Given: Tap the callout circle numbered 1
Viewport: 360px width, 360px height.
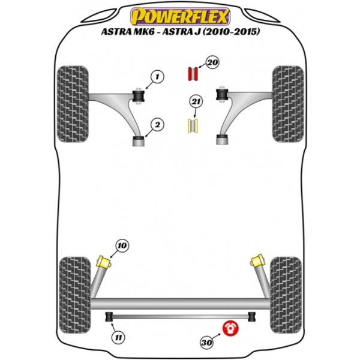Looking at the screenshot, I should coord(157,77).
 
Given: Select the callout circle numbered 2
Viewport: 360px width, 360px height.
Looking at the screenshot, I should coord(157,125).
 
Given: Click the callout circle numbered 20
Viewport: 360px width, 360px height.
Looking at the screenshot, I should coord(212,62).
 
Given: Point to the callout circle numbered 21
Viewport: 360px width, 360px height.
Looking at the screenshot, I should coord(194,102).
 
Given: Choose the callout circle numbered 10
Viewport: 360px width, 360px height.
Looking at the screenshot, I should coord(122,245).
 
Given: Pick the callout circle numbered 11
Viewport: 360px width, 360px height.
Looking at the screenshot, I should coord(119,338).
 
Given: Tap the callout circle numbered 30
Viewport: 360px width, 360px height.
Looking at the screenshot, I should coord(206,343).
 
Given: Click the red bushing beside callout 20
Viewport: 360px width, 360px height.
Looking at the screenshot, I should coord(193,73).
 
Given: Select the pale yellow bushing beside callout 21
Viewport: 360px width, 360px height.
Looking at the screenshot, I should coord(193,126).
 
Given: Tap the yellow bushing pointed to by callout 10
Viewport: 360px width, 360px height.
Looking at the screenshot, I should coord(103,262).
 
